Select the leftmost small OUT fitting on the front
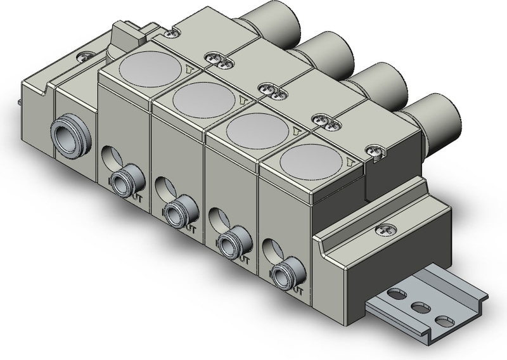tap(120, 184)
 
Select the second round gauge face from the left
tap(197, 96)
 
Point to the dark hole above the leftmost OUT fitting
tap(108, 157)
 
